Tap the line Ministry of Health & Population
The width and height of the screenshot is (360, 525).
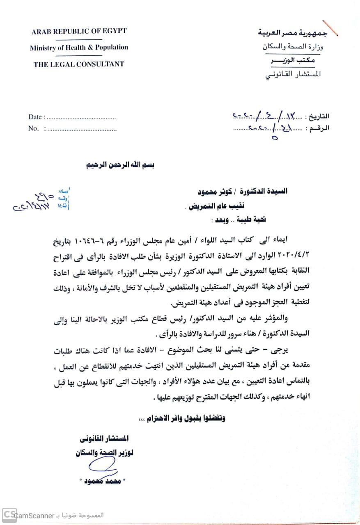click(79, 48)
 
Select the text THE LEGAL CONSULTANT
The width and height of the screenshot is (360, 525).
click(79, 64)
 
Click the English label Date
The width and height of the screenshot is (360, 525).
click(35, 117)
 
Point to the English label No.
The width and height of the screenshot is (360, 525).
click(34, 128)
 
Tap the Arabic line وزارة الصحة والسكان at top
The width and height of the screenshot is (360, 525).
click(292, 47)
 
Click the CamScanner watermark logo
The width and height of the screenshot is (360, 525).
click(10, 515)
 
